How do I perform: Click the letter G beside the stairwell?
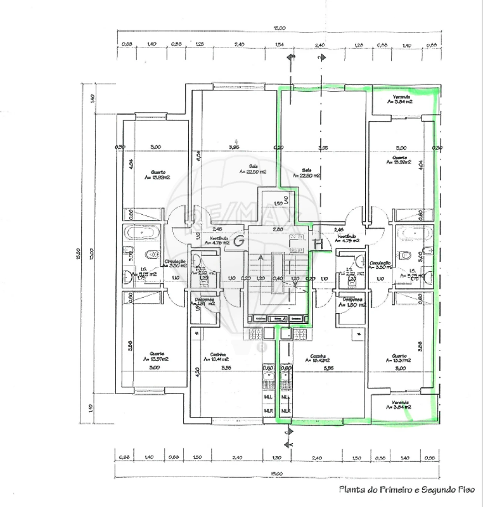238,241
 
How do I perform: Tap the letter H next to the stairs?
318,244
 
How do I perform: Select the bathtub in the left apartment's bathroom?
142,233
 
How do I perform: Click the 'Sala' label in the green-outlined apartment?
306,170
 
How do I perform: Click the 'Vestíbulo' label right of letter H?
346,237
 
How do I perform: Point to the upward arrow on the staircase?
260,258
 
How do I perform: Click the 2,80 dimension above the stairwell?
278,229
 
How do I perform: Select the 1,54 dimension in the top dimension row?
279,45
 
